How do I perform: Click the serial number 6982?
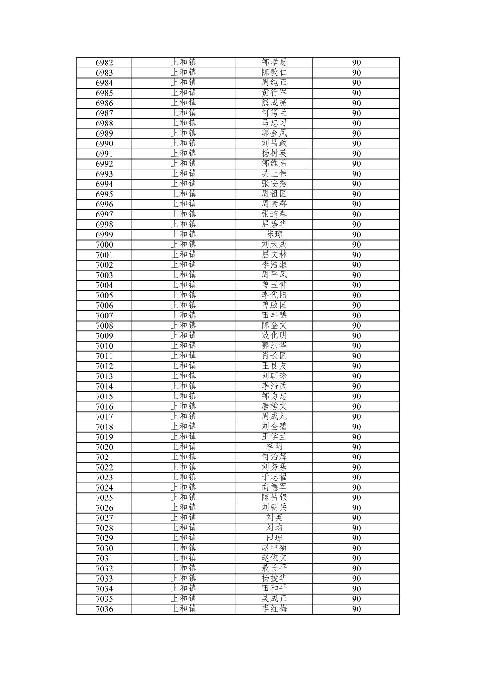pos(104,63)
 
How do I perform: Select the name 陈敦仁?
pos(274,72)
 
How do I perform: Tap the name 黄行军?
pos(274,93)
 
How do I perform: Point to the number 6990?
pos(104,144)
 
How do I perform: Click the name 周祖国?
pos(274,194)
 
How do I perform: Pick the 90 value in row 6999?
pos(356,235)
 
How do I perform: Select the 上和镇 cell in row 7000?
pos(183,245)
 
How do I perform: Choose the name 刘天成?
pos(274,245)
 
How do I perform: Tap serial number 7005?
pos(104,295)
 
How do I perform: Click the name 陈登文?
pos(274,326)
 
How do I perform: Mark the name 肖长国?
pos(274,356)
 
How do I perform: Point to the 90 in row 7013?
pos(356,376)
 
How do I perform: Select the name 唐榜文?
pos(274,406)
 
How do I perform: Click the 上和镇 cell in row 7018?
pos(183,427)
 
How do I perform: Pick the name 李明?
pos(274,447)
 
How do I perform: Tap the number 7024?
pos(104,487)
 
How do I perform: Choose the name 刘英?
pos(274,518)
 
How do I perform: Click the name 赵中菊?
pos(274,548)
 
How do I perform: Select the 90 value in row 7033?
pos(356,579)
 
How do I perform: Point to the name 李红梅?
pos(274,609)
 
